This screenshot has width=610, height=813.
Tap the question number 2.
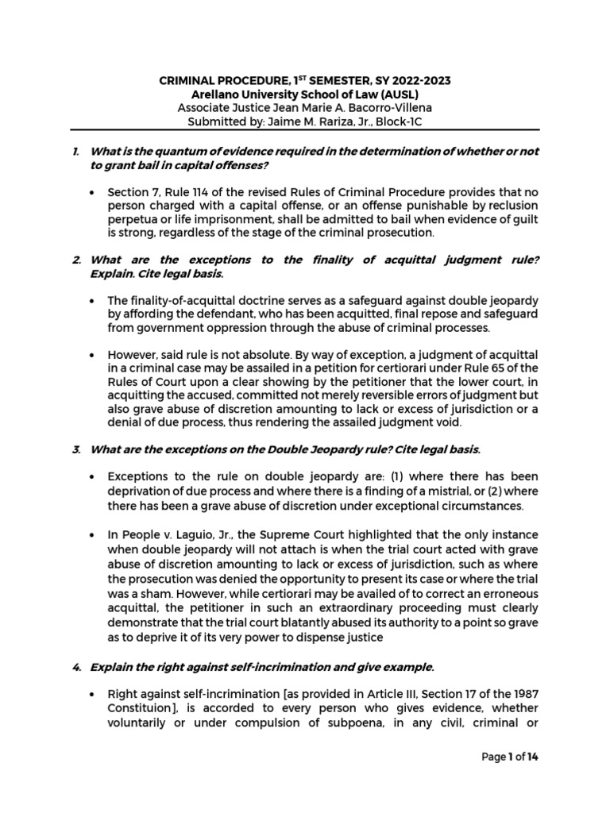(x=75, y=260)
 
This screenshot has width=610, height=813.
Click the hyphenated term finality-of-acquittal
(x=188, y=301)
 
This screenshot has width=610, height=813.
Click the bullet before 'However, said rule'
(x=93, y=354)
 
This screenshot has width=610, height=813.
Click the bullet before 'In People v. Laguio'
(x=93, y=534)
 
